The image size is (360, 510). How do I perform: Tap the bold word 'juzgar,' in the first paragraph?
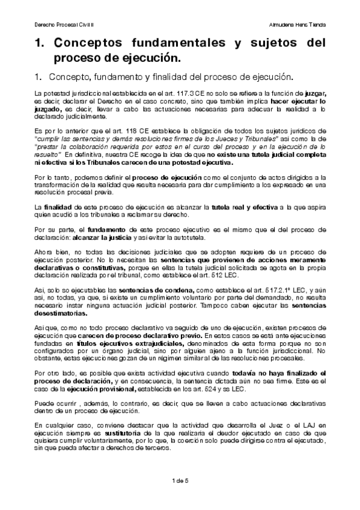316,95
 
